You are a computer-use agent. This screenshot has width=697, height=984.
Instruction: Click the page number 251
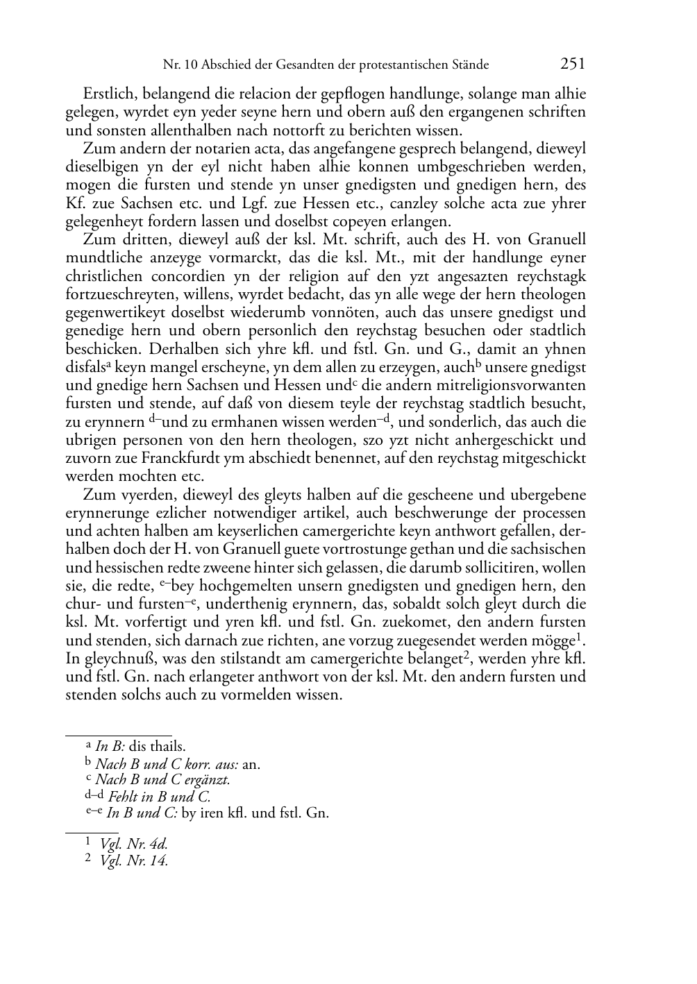pos(572,64)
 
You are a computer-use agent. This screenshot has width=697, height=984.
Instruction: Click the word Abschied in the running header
pos(223,65)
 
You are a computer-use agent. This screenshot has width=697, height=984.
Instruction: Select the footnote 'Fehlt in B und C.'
pos(159,797)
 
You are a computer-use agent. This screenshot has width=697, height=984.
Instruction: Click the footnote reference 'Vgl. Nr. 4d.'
pos(134,845)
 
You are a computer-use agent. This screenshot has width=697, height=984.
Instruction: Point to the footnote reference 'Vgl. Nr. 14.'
pos(134,861)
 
